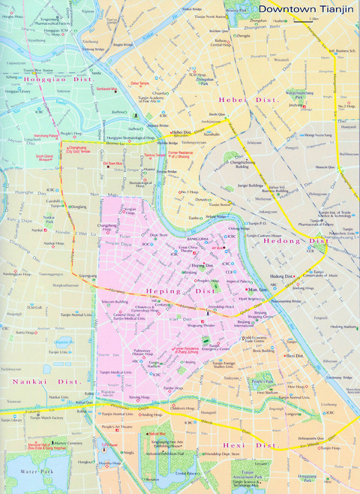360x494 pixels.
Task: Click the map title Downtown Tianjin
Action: (x=305, y=9)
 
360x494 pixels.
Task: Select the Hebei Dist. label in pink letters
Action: (x=248, y=99)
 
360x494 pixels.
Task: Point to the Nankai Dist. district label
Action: (x=37, y=381)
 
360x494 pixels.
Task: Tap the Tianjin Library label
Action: (x=12, y=420)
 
